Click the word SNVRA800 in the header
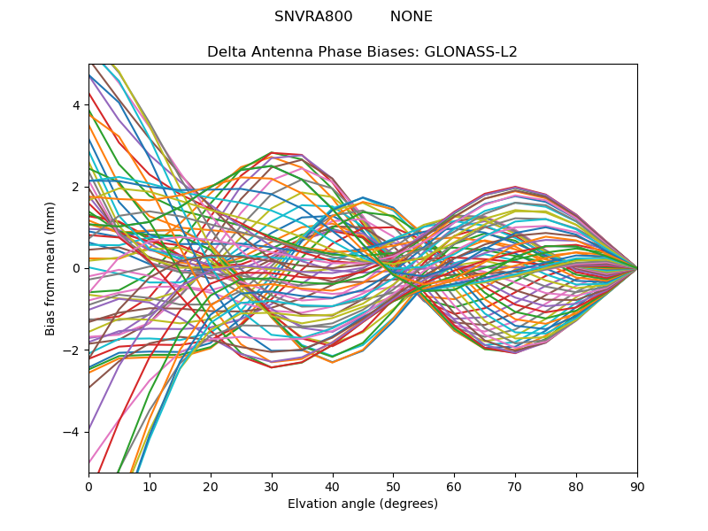[313, 17]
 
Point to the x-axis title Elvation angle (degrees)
[363, 504]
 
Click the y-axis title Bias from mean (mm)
[51, 268]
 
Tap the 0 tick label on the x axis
[88, 486]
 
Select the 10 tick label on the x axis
[150, 486]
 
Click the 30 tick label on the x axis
[272, 486]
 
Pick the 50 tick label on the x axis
[393, 486]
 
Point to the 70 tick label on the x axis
[515, 486]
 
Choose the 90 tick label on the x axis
[637, 486]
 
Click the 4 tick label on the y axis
[76, 104]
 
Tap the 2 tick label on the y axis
[76, 187]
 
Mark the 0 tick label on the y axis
[76, 268]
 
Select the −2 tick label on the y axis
[73, 350]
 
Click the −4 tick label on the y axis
[73, 432]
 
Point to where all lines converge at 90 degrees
[636, 268]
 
